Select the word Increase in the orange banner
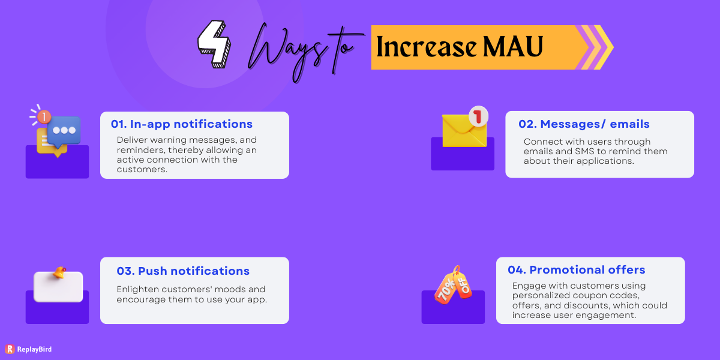coord(427,47)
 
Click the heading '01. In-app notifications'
coord(182,124)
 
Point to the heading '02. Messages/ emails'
coord(584,124)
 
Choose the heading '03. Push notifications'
coord(183,271)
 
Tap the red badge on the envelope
coord(478,116)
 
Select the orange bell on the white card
coord(59,273)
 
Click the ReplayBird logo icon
coord(9,349)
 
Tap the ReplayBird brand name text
coord(35,349)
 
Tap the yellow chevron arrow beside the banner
coord(603,47)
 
